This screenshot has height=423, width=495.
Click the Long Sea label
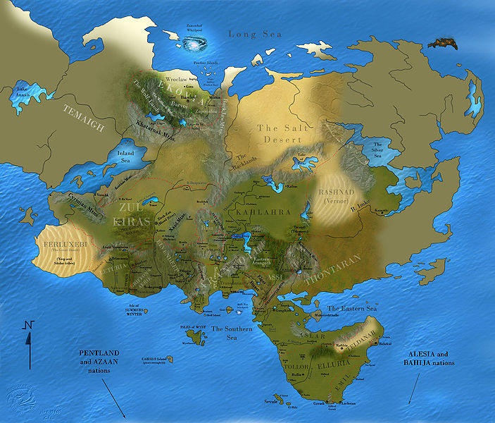point(255,34)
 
